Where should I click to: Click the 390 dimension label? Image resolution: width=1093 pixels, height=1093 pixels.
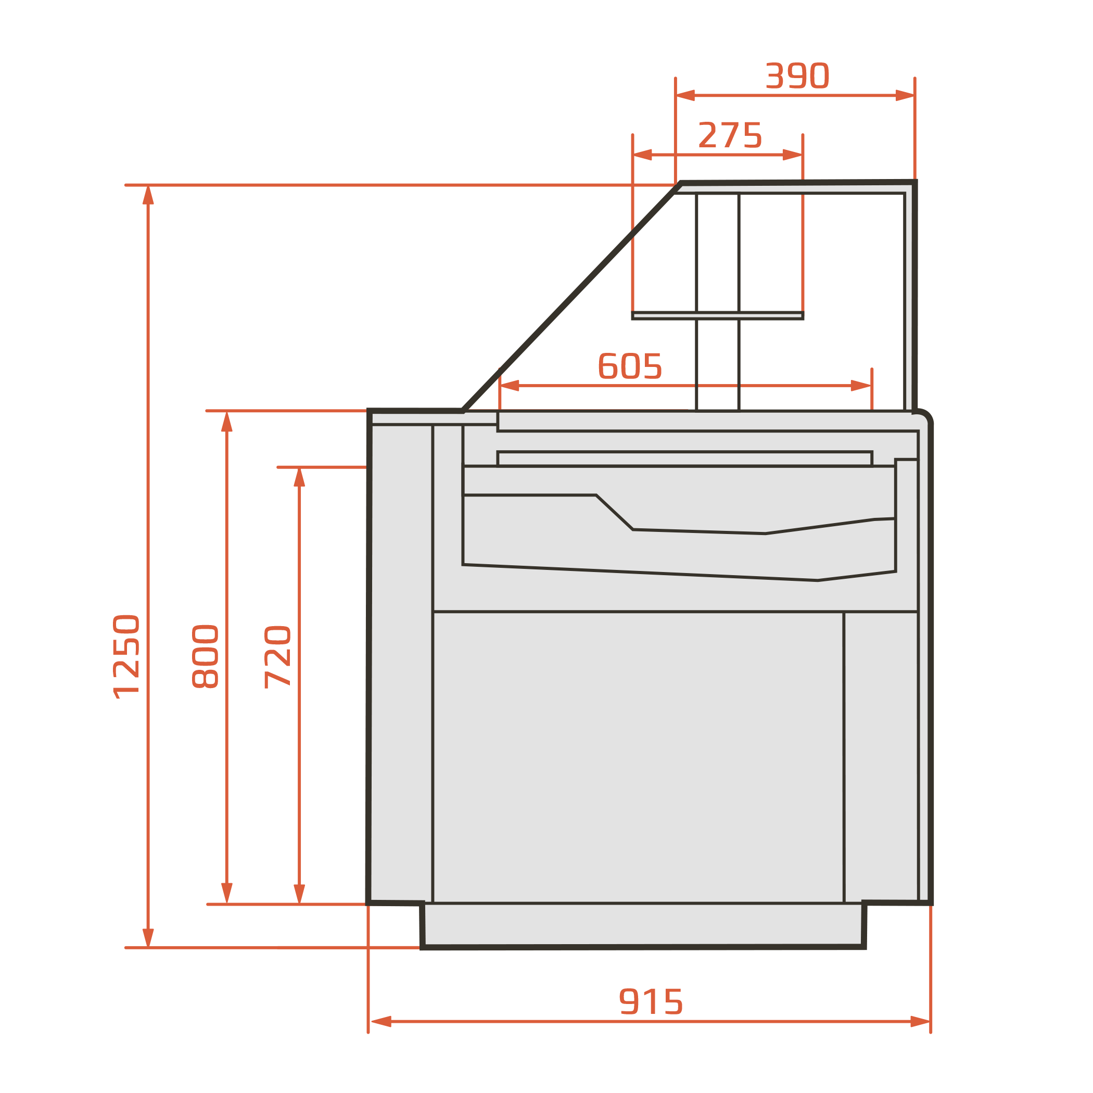[x=797, y=76]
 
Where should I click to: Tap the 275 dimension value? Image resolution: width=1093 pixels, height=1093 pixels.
[x=730, y=135]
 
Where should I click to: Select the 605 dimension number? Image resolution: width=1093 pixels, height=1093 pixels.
[x=630, y=365]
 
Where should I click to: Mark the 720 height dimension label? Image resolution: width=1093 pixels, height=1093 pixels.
[x=278, y=657]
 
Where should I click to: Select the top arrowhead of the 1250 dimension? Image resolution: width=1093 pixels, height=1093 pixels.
[x=148, y=195]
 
